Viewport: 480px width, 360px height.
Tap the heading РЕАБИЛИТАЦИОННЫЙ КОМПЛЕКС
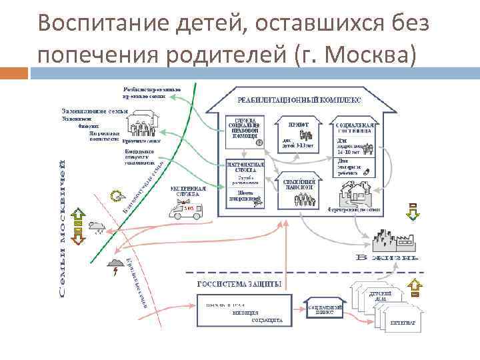point(299,99)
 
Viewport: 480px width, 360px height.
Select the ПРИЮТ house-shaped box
point(297,137)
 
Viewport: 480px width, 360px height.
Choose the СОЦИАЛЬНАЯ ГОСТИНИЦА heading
point(354,128)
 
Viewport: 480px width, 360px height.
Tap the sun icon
point(117,196)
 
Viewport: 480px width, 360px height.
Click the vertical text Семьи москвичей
point(62,227)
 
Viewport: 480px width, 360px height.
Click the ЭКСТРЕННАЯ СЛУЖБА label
point(188,191)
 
